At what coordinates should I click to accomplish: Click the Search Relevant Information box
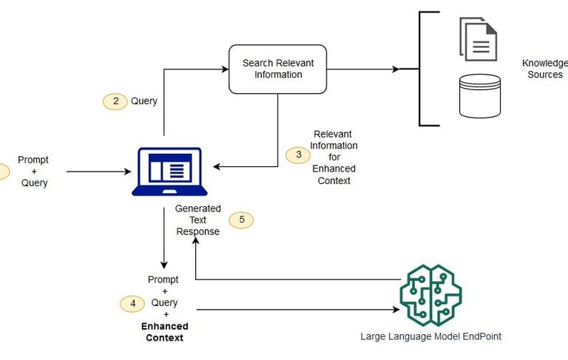click(278, 69)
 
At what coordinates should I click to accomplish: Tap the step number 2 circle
click(115, 101)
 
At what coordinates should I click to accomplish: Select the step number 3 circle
click(298, 155)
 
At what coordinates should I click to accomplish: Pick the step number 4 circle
click(132, 304)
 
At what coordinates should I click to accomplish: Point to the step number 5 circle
click(241, 220)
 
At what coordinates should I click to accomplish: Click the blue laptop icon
click(169, 171)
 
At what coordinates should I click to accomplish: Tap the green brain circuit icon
click(430, 295)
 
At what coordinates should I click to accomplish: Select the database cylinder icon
click(480, 96)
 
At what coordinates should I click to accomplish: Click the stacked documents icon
click(479, 39)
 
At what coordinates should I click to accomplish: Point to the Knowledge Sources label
click(545, 69)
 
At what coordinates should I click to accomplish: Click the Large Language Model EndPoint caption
click(430, 336)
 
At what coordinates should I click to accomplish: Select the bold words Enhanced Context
click(165, 332)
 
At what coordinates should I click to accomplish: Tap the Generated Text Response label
click(197, 220)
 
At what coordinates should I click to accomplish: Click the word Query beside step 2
click(144, 101)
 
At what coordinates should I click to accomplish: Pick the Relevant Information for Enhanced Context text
click(334, 157)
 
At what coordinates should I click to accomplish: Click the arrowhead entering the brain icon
click(396, 310)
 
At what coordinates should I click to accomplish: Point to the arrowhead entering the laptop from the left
click(128, 171)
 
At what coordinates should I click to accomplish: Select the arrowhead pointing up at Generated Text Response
click(195, 240)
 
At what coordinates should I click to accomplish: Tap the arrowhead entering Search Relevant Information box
click(225, 69)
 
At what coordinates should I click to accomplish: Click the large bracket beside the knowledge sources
click(419, 69)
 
